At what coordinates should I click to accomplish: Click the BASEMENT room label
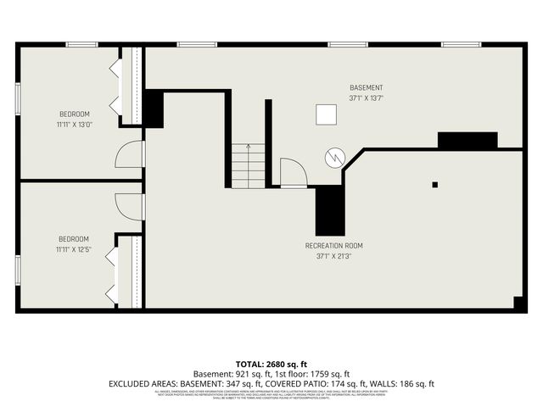[x=366, y=88]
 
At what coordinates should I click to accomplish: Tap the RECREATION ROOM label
[x=333, y=246]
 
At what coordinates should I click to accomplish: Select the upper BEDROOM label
[x=74, y=114]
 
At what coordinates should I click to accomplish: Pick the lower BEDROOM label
[x=73, y=239]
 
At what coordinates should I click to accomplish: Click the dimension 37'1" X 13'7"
[x=366, y=98]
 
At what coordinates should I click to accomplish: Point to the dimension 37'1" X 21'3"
[x=333, y=256]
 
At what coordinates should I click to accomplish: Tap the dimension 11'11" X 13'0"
[x=74, y=125]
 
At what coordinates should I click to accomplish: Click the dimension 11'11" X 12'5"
[x=73, y=249]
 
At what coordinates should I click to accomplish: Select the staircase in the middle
[x=248, y=166]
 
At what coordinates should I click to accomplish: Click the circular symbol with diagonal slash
[x=335, y=157]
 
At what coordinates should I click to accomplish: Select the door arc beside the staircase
[x=292, y=171]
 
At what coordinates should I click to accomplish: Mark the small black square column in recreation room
[x=434, y=184]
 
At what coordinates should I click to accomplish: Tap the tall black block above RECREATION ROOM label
[x=329, y=210]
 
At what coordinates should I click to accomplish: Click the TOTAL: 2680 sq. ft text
[x=271, y=363]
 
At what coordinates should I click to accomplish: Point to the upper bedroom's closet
[x=131, y=86]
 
